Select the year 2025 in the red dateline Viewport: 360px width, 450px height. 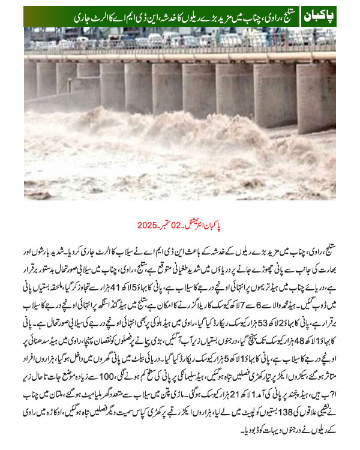[x=148, y=226]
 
